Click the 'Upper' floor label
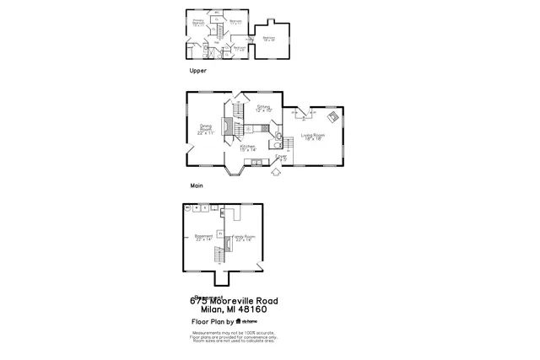point(197,72)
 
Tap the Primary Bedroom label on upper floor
point(199,23)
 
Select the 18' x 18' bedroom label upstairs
point(268,39)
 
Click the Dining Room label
point(205,131)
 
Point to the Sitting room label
point(263,109)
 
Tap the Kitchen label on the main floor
point(249,148)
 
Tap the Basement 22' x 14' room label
point(204,238)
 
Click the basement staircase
point(221,254)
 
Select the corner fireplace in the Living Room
point(333,118)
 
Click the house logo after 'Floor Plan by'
point(240,322)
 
